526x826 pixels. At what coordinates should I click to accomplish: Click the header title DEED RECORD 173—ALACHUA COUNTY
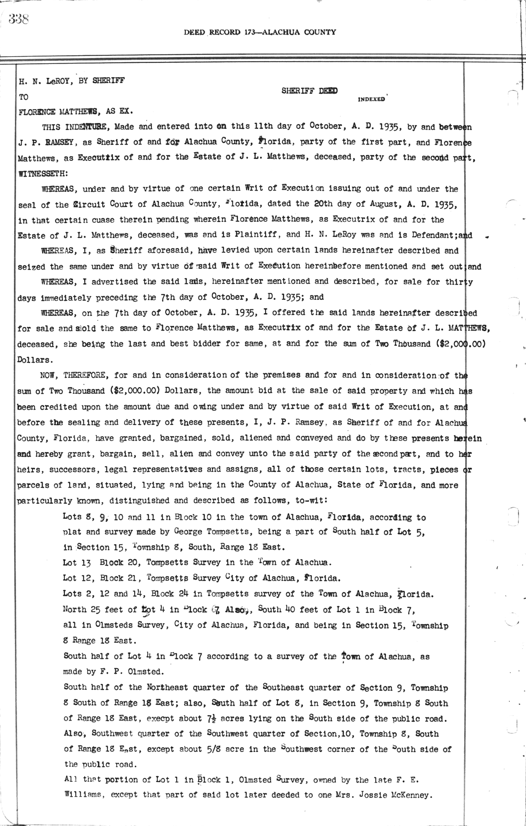tap(260, 32)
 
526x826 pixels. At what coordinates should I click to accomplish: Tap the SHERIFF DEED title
tap(309, 91)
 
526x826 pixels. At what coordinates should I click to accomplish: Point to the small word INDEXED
tap(371, 99)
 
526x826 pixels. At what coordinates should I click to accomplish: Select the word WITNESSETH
tap(43, 173)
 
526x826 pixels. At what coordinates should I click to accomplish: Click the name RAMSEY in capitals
tap(55, 142)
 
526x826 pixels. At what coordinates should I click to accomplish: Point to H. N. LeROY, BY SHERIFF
tap(71, 81)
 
